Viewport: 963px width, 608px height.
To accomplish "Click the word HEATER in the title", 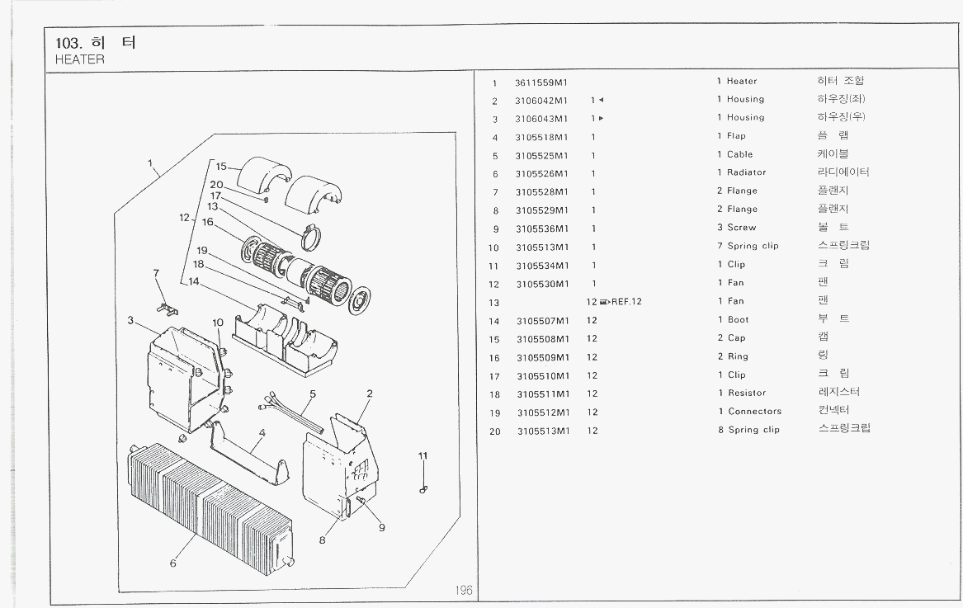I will coord(79,59).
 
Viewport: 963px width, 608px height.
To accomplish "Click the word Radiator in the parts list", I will coord(746,172).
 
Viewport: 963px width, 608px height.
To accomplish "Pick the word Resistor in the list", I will coord(746,393).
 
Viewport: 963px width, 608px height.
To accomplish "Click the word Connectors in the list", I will coord(754,411).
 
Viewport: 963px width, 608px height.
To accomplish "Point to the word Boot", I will coord(738,319).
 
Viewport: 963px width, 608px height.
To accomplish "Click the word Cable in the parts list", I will coord(739,154).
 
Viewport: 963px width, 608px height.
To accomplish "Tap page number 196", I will coord(463,590).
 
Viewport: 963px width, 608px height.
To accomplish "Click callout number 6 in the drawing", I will coord(173,563).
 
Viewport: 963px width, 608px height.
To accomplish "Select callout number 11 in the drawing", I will coord(422,456).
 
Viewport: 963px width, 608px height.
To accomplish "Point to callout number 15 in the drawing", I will coord(221,166).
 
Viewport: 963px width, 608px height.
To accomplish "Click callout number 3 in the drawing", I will coord(130,320).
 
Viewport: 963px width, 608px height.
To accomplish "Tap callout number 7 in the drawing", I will coord(155,273).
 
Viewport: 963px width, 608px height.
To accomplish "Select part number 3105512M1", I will coord(543,412).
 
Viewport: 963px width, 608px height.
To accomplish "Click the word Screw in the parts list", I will coord(741,228).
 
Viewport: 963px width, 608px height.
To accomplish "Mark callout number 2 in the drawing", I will coord(370,394).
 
